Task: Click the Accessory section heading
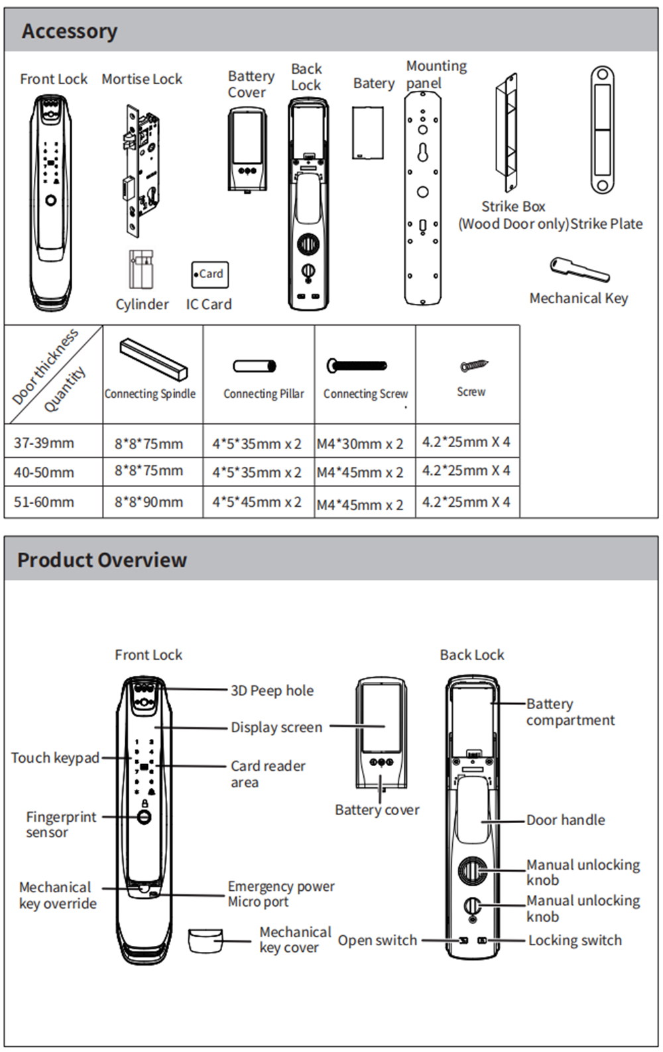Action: (x=70, y=31)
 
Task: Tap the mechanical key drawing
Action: (x=579, y=269)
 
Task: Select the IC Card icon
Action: (x=210, y=274)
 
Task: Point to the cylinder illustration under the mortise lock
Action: (x=141, y=269)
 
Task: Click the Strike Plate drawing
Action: (x=602, y=130)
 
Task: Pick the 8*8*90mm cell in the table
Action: (x=149, y=502)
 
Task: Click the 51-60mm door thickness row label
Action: (x=44, y=502)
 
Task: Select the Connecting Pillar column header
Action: (x=263, y=393)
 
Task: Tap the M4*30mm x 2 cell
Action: (x=360, y=444)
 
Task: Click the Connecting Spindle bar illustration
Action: (x=154, y=358)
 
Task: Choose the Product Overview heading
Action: (x=102, y=560)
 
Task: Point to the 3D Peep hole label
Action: (x=272, y=690)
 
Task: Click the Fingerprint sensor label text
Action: (x=61, y=824)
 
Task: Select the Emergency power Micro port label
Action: (x=280, y=893)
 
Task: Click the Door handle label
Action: (x=566, y=820)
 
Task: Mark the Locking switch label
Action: (x=575, y=940)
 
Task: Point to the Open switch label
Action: (x=377, y=940)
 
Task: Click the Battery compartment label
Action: (x=570, y=712)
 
